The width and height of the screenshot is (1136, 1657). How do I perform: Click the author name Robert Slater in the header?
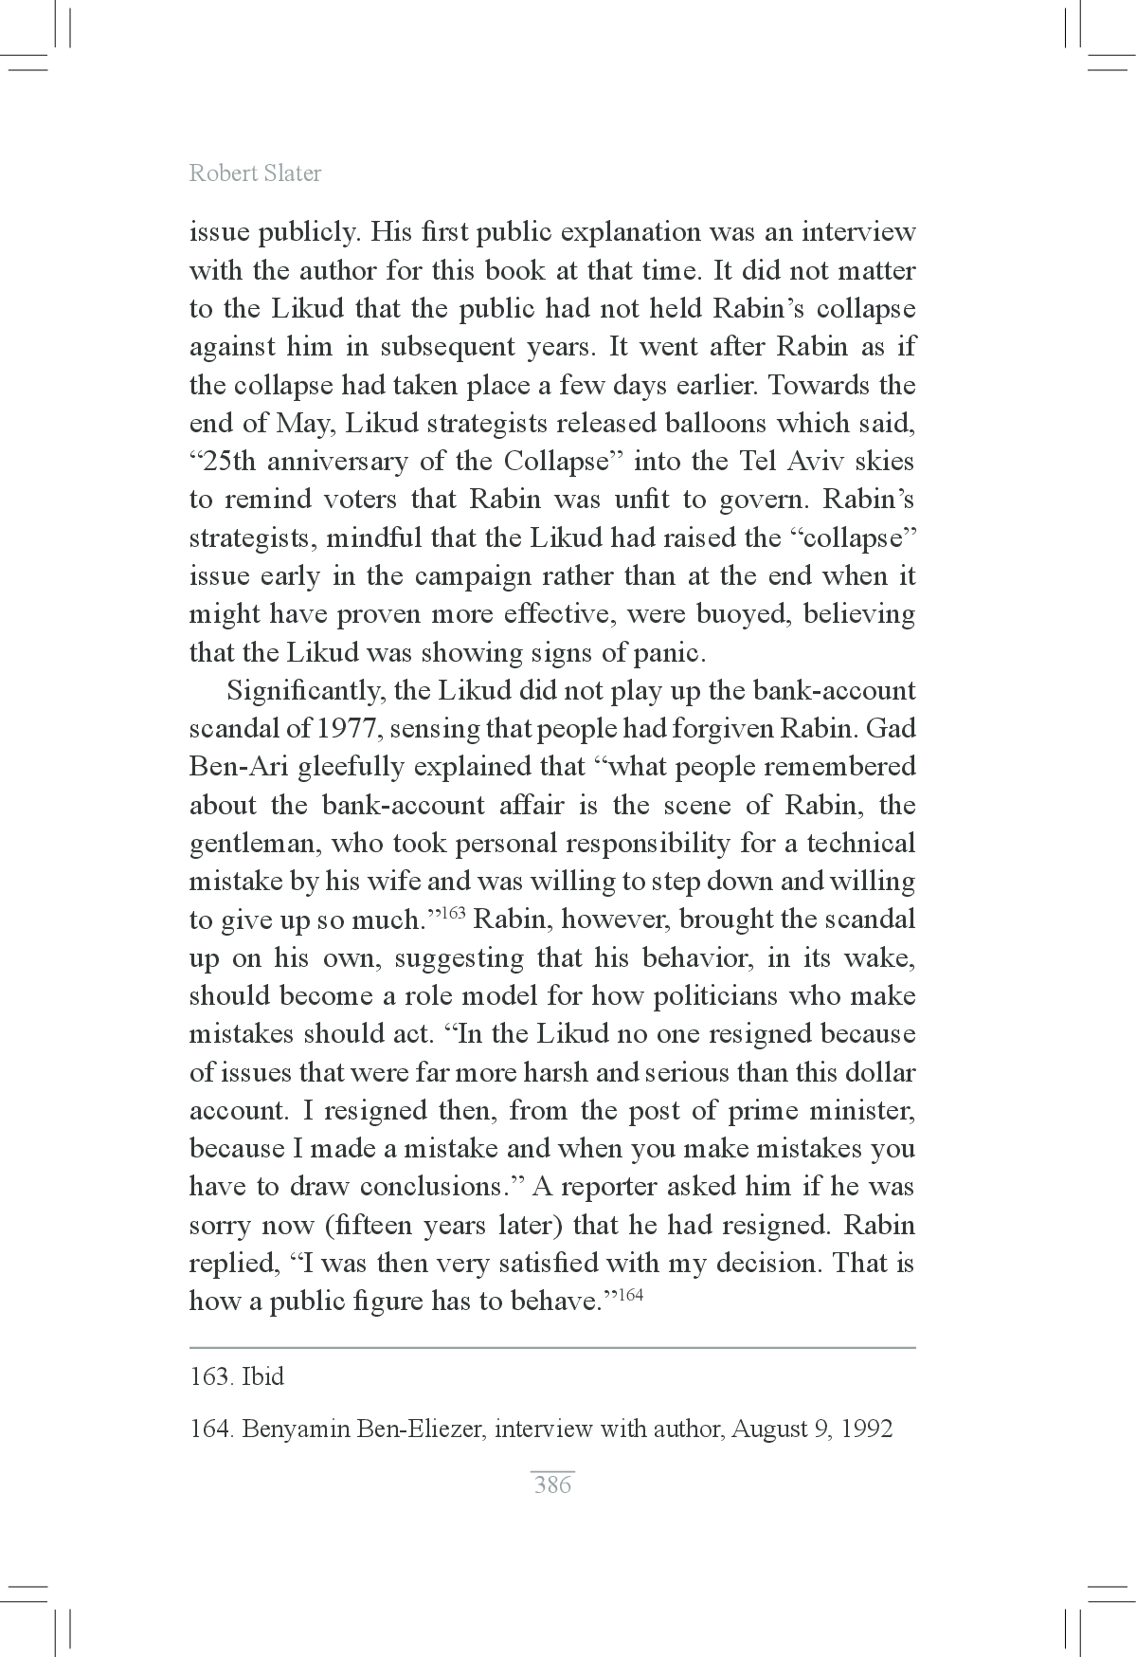[x=255, y=173]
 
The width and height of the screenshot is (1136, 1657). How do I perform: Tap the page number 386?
[x=552, y=1484]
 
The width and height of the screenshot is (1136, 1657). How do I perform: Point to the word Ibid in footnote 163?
[x=263, y=1376]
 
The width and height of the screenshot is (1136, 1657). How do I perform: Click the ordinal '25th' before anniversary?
[x=223, y=462]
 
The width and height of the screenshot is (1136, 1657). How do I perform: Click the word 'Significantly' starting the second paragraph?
[x=304, y=691]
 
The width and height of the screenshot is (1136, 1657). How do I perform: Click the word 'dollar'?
[x=881, y=1072]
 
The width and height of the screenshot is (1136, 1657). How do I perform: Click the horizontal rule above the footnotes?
[x=552, y=1347]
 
